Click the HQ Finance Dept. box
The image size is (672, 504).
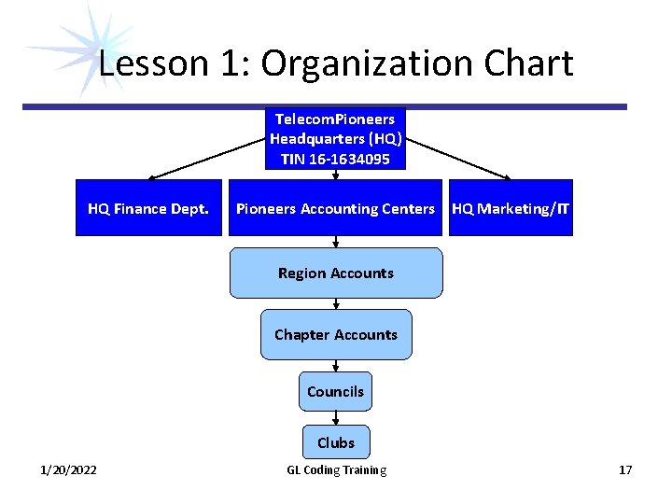coord(148,208)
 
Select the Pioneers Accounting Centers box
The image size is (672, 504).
coord(335,208)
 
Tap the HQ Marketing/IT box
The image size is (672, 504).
coord(511,208)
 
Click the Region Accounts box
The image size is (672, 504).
coord(336,273)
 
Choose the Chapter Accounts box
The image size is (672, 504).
coord(336,334)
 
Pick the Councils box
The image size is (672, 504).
coord(335,391)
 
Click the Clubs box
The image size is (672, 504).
coord(335,442)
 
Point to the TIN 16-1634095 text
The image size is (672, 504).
coord(336,160)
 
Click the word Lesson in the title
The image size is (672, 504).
coord(140,63)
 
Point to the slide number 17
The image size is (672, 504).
coord(624,469)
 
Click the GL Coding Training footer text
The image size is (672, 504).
coord(336,469)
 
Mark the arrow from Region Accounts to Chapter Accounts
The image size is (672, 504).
coord(336,304)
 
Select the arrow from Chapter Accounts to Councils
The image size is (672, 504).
coord(336,366)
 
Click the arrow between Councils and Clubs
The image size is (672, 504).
coord(336,418)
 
